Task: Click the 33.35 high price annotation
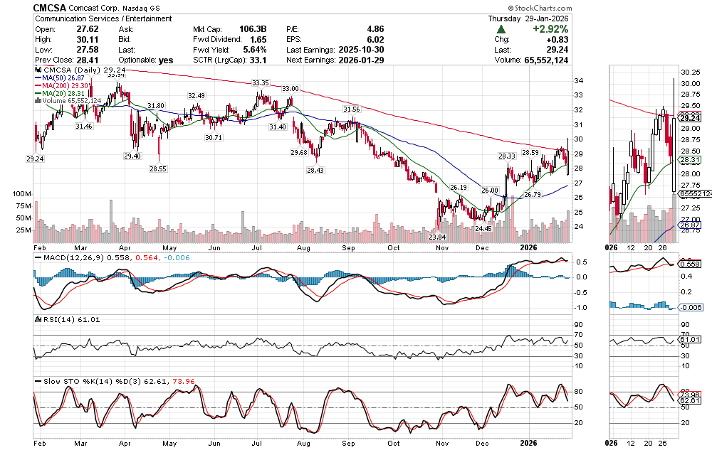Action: tap(260, 83)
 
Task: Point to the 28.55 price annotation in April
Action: tap(158, 169)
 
